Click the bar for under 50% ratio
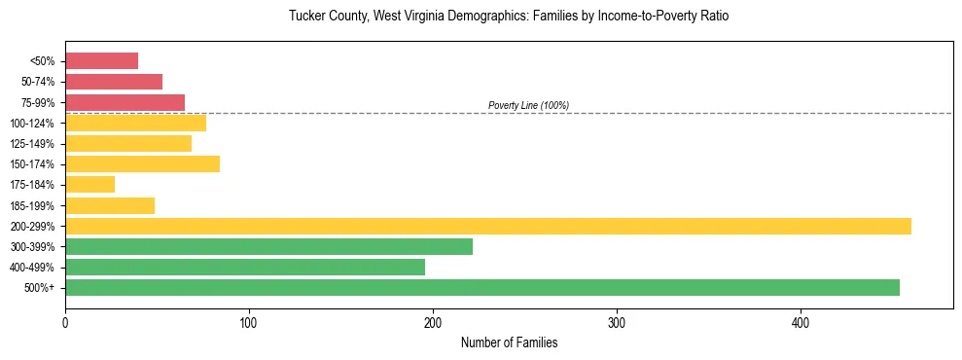101,61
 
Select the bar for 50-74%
114,82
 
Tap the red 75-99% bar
125,102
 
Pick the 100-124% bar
135,123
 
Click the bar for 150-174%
142,163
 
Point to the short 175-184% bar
89,184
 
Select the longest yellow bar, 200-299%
487,226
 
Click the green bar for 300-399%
268,246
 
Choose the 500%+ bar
481,287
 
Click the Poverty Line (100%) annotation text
528,105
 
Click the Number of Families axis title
509,342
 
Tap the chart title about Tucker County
509,17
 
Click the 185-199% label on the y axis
32,205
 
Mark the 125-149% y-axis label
32,144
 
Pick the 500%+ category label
40,288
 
